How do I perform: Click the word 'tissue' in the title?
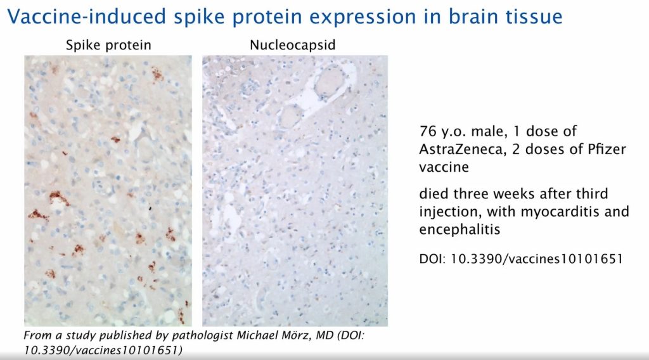pyautogui.click(x=532, y=16)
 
